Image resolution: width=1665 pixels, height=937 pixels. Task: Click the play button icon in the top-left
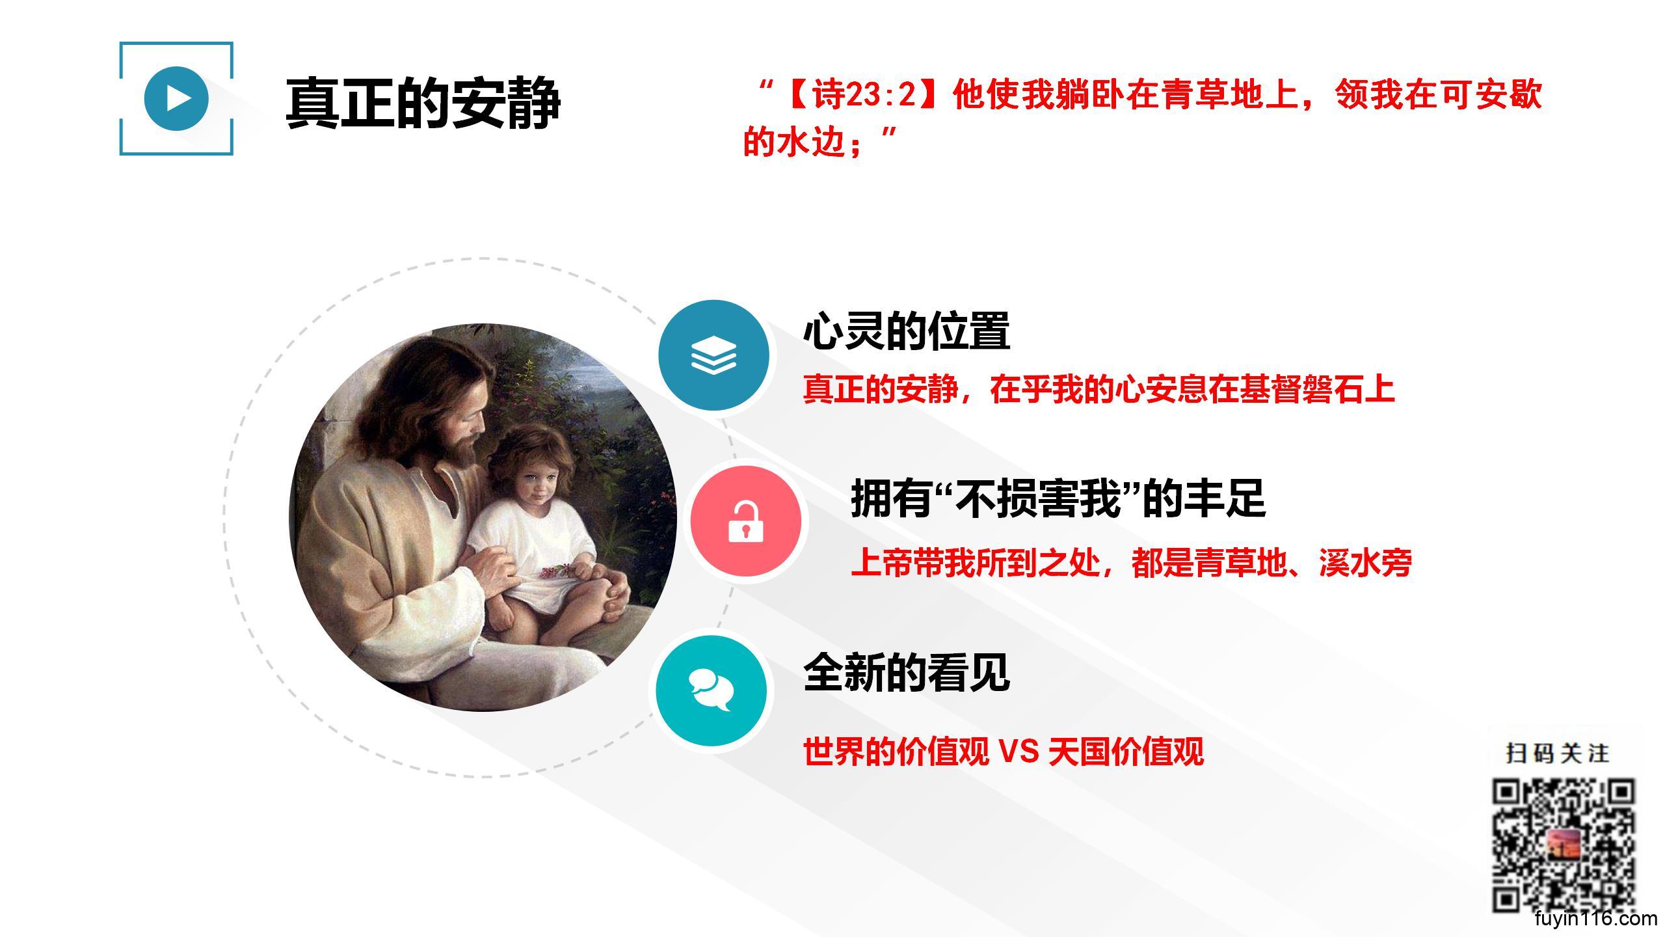176,98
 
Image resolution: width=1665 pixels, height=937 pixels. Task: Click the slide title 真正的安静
423,103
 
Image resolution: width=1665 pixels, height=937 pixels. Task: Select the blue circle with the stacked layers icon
713,355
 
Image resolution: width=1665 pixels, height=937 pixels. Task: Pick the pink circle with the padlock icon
746,521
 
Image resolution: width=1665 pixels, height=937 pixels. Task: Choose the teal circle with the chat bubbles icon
711,690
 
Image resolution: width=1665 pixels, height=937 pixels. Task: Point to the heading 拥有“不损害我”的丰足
1058,498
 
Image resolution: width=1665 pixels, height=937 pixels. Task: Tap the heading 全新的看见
907,672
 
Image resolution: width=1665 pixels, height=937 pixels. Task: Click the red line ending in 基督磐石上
1099,389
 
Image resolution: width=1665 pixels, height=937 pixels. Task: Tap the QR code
1563,845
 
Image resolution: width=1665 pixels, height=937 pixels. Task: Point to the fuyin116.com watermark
1595,919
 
